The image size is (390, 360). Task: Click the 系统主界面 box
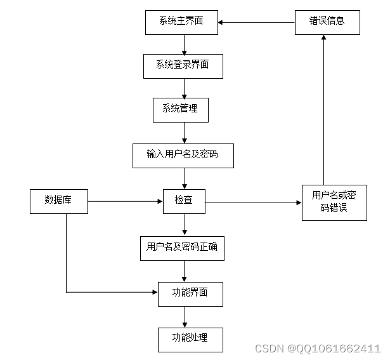tap(181, 22)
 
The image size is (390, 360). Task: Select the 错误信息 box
tap(327, 22)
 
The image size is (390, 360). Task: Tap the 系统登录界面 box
tap(183, 66)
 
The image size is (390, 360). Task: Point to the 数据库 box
tap(58, 201)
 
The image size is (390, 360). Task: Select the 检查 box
tap(184, 201)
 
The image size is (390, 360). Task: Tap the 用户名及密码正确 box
tap(182, 248)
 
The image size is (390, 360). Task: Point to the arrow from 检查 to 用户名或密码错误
tap(253, 203)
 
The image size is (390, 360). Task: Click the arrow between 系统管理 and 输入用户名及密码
tap(185, 133)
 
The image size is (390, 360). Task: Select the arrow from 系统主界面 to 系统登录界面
tap(185, 44)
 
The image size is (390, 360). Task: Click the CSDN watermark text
tap(317, 349)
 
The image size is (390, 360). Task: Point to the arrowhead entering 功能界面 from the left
tap(154, 293)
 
